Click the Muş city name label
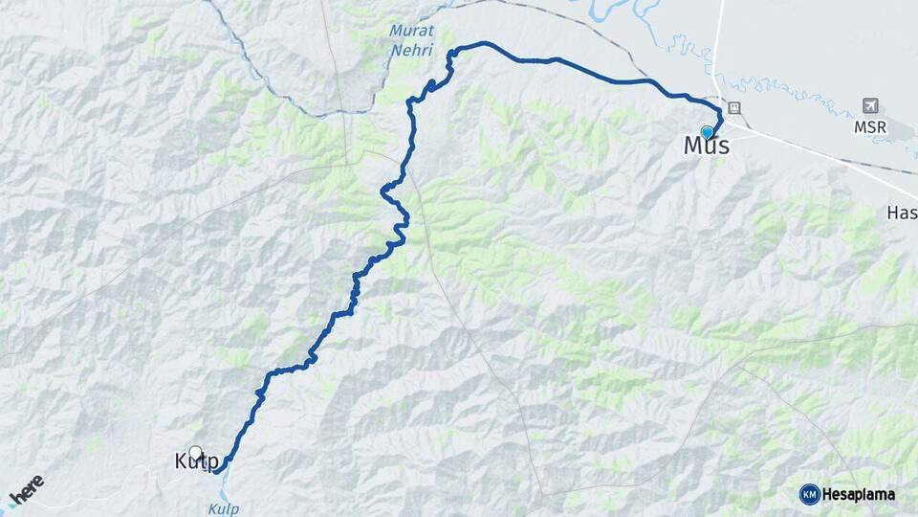click(x=707, y=146)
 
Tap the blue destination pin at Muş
click(x=707, y=131)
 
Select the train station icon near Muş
click(x=733, y=107)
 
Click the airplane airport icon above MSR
click(x=869, y=104)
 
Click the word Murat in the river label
click(x=411, y=31)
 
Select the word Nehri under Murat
click(x=411, y=50)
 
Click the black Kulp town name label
click(x=197, y=462)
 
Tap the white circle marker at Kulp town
click(x=196, y=453)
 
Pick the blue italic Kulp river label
click(x=222, y=508)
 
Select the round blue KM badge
click(x=809, y=494)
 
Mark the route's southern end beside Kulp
click(x=217, y=471)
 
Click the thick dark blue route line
click(x=574, y=65)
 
